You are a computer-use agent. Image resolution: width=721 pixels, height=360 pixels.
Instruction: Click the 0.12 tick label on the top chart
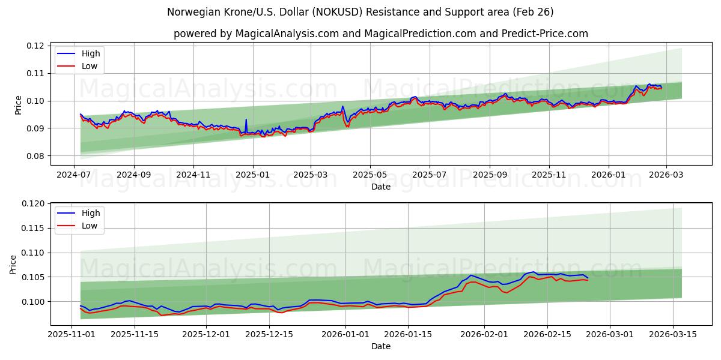click(x=35, y=46)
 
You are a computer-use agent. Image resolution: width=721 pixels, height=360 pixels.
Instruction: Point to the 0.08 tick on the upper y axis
click(x=35, y=156)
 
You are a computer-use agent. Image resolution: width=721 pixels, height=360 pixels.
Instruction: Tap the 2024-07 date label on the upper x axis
click(x=74, y=175)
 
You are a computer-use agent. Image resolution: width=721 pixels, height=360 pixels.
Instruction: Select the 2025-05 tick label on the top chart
click(x=370, y=175)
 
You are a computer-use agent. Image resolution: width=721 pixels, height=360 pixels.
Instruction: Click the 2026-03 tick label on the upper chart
click(x=667, y=175)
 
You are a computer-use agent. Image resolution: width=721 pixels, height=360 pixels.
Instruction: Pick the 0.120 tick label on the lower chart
click(x=32, y=204)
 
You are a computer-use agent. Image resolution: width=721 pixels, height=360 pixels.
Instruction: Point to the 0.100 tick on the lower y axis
click(x=32, y=302)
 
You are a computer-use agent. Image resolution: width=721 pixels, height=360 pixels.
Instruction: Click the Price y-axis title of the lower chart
click(x=13, y=264)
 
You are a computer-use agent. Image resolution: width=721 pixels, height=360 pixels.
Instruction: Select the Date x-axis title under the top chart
click(x=381, y=187)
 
